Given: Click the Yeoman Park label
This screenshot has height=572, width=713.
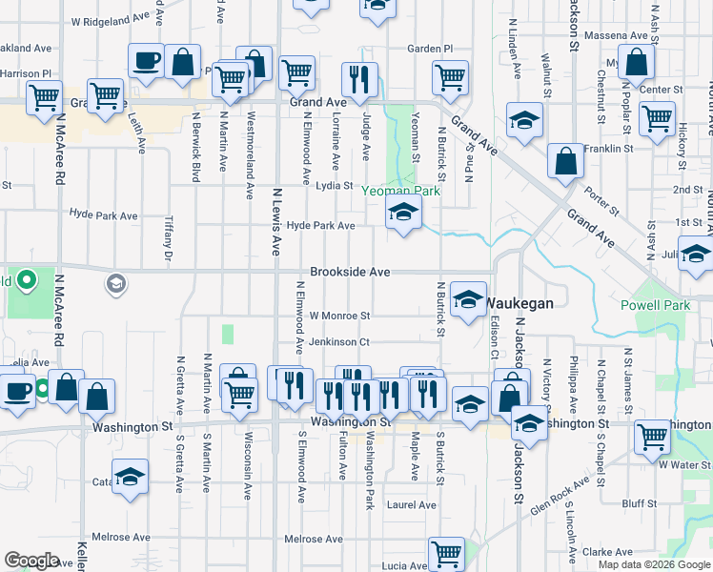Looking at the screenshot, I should click(400, 191).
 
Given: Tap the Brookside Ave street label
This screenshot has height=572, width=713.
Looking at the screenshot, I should click(349, 272).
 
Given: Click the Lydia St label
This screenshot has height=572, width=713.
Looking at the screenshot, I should click(335, 186).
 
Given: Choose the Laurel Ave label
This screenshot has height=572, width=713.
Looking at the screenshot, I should click(411, 505).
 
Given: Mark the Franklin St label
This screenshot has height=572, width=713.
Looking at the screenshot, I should click(609, 149).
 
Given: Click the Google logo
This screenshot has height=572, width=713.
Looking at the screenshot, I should click(31, 561).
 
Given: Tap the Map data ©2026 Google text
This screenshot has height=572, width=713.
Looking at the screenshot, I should click(653, 564).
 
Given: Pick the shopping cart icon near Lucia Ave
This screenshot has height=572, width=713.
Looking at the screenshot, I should click(446, 553).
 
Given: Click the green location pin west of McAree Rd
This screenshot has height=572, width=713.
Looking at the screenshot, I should click(28, 281).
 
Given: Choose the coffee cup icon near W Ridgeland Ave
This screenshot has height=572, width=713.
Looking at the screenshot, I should click(146, 63).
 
